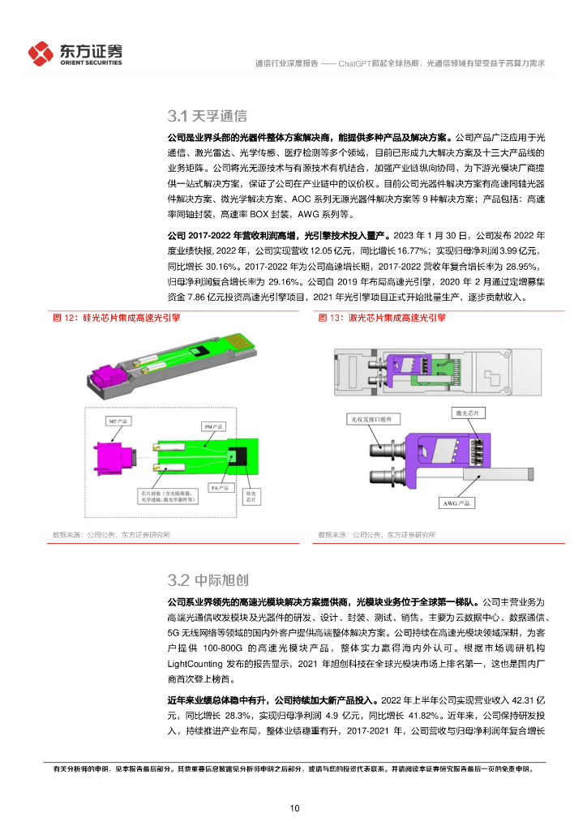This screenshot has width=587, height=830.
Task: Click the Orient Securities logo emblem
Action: coord(41,53)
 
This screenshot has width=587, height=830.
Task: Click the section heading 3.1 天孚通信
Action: coord(207,116)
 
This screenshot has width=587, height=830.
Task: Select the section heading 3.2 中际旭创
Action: coord(207,580)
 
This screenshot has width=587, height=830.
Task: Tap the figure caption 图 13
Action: coord(381,319)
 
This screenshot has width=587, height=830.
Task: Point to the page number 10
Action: coord(294,808)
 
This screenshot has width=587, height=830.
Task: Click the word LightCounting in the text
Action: coord(196,661)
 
